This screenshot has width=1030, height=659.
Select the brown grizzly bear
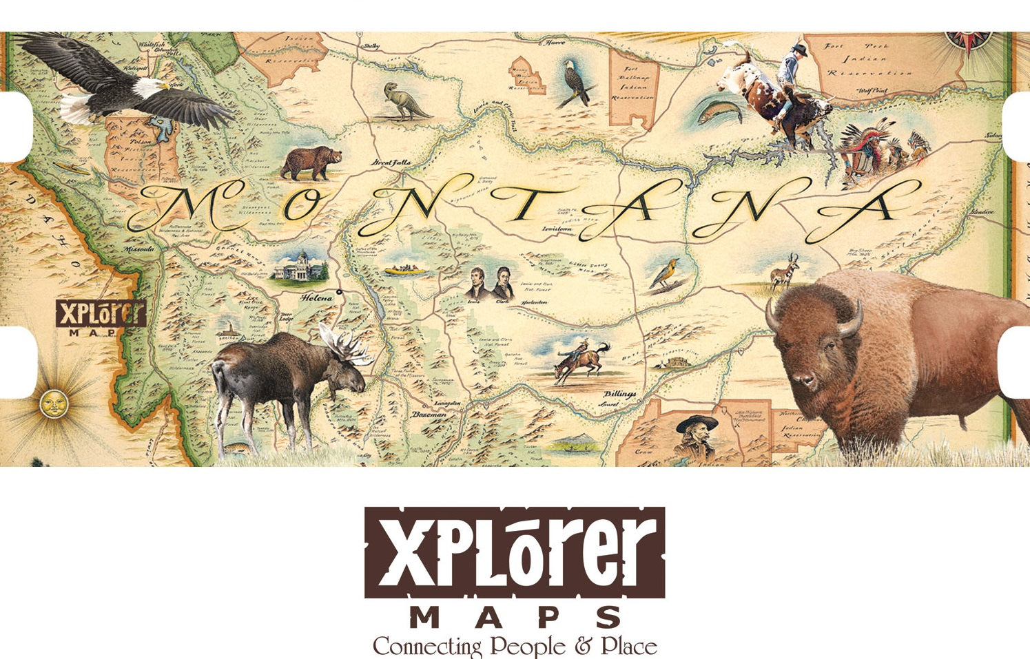click(x=311, y=163)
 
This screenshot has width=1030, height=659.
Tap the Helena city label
click(x=316, y=298)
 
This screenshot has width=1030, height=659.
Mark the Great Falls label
click(x=391, y=163)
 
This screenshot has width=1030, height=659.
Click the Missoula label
click(x=140, y=249)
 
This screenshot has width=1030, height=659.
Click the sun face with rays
click(x=50, y=403)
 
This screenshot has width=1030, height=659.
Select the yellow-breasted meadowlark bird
click(x=663, y=273)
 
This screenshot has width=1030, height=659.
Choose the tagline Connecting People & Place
click(x=515, y=647)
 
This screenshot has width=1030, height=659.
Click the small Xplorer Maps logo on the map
click(x=101, y=317)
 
